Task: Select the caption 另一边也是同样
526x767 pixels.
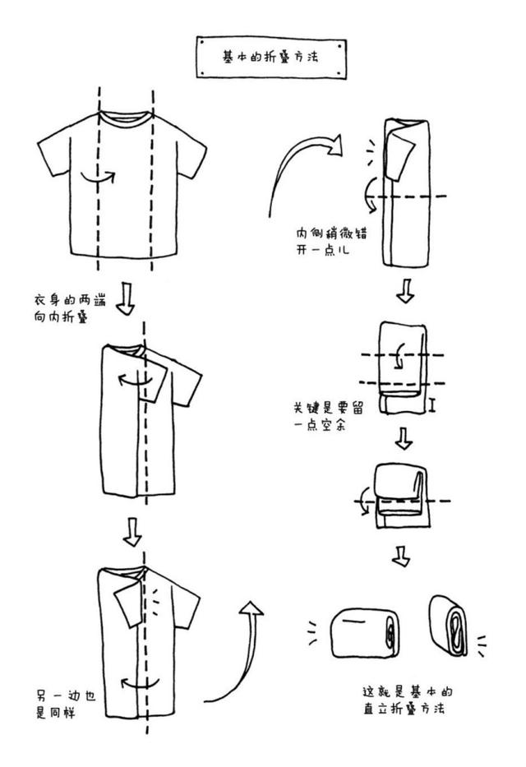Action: [x=66, y=704]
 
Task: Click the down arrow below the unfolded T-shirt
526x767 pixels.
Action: [x=124, y=299]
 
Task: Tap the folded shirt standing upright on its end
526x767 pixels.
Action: [x=449, y=626]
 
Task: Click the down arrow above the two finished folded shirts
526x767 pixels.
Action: [x=400, y=556]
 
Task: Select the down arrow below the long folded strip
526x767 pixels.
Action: [x=404, y=291]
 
